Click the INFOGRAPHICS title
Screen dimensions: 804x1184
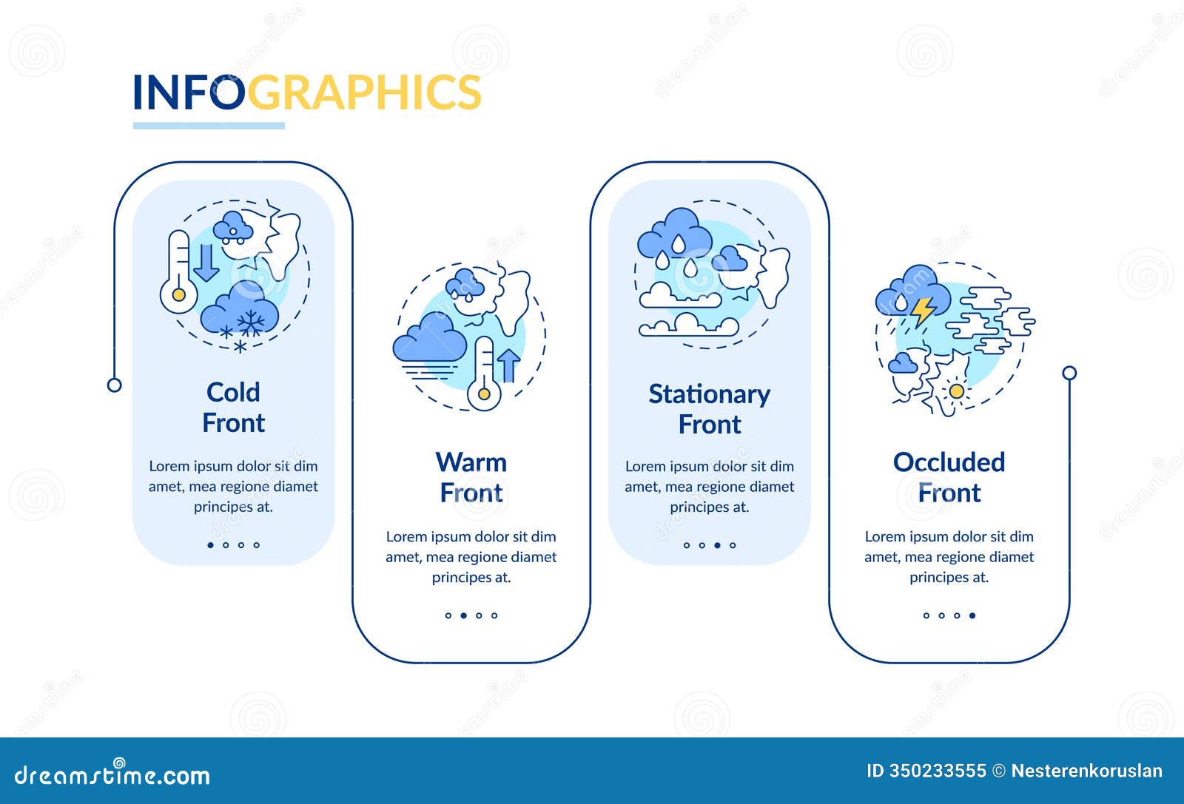[306, 92]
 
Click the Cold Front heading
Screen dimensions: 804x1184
[233, 408]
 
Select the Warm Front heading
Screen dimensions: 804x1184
[471, 478]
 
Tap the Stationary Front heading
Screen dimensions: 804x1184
[709, 409]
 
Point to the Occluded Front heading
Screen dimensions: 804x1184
[949, 478]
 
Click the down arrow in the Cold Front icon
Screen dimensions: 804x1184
[206, 261]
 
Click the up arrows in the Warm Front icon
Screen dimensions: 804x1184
[508, 364]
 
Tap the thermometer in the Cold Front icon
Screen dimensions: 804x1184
[178, 272]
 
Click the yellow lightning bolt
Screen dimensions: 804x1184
[922, 311]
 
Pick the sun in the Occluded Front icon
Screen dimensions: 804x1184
[957, 391]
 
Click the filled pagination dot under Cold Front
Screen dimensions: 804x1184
[211, 545]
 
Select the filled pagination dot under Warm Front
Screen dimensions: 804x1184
[464, 615]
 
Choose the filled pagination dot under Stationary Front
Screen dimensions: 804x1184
[717, 545]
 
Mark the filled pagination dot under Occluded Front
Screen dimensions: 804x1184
[972, 615]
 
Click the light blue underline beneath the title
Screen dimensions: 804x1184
[209, 126]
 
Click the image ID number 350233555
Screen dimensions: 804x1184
[938, 771]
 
